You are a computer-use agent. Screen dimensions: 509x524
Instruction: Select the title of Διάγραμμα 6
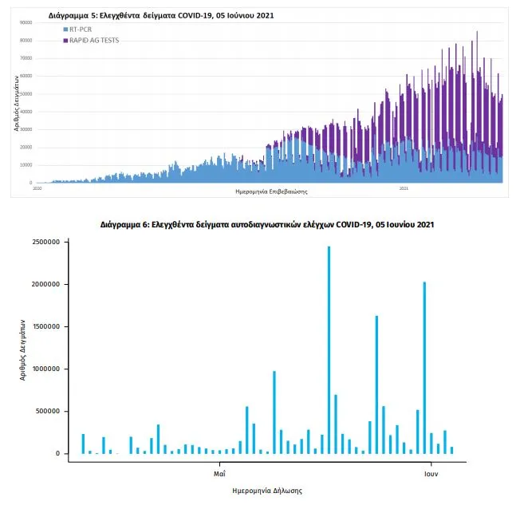267,225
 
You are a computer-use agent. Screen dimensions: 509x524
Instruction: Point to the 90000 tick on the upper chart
26,23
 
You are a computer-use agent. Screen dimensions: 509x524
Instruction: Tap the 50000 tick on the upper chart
26,94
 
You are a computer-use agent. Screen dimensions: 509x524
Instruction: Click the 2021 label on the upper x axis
404,188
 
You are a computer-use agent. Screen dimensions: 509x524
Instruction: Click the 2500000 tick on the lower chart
47,242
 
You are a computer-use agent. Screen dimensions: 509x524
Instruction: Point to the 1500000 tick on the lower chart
47,326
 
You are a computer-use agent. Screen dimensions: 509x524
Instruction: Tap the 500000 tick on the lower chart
49,412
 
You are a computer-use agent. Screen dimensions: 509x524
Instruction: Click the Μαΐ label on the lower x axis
219,472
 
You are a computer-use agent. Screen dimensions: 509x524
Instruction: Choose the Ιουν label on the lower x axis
431,472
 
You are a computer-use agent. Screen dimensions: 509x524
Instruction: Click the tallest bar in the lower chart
329,351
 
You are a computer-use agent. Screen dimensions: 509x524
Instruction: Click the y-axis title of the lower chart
24,348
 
